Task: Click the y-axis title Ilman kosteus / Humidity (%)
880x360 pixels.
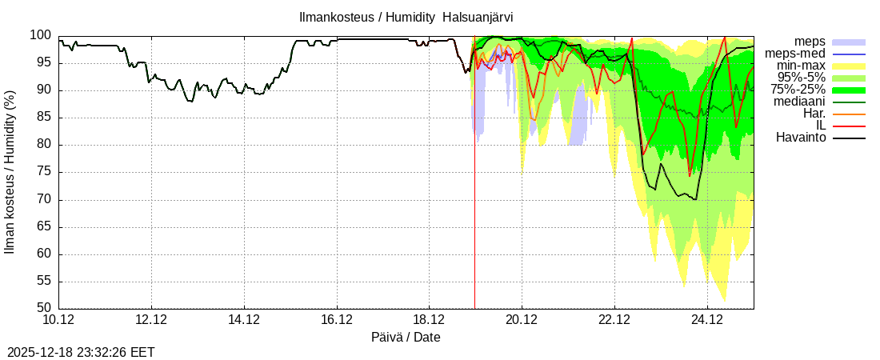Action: click(x=10, y=172)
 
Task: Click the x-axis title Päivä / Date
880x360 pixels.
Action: click(x=406, y=338)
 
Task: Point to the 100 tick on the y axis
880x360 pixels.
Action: click(x=41, y=35)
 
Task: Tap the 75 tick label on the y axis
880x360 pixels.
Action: click(x=44, y=172)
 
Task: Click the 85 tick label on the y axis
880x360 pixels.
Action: click(x=44, y=118)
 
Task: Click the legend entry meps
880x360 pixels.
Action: click(x=810, y=42)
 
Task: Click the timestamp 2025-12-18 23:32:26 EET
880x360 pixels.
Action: click(x=81, y=352)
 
